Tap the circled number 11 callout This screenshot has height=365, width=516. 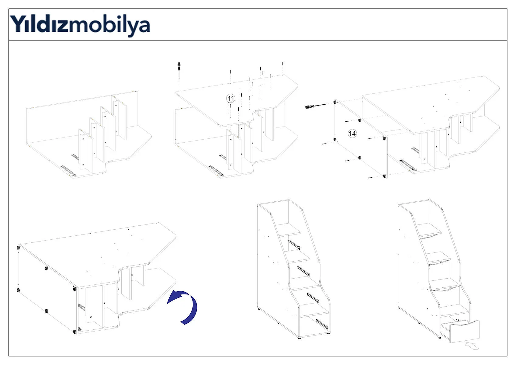231,98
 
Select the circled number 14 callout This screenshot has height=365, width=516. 352,134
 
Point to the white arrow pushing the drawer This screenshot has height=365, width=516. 472,346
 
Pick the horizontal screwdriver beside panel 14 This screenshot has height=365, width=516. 315,106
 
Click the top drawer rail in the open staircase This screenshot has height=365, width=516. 294,245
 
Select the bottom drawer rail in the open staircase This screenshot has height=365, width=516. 322,324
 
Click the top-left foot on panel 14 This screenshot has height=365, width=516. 335,102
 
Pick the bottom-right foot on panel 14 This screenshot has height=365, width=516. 384,176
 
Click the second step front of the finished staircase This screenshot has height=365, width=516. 439,262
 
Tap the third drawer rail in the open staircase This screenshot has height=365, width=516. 313,298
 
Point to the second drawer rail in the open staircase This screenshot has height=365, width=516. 303,271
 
